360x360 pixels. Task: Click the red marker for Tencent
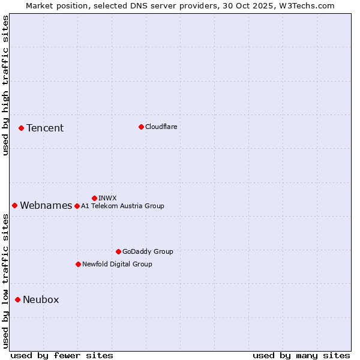[21, 128]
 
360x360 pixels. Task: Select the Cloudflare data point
[141, 127]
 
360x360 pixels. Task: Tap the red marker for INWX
[94, 198]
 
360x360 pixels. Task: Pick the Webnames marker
[14, 205]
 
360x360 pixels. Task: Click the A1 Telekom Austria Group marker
[77, 206]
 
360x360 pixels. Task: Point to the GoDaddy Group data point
[118, 251]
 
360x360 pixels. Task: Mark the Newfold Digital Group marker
[78, 264]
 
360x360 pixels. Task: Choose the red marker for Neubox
[17, 299]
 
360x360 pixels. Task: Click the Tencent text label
[45, 128]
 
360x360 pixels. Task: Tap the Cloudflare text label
[161, 127]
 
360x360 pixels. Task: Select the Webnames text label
[46, 206]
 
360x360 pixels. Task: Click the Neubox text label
[41, 300]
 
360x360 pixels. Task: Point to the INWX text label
[107, 198]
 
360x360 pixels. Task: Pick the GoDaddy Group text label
[148, 251]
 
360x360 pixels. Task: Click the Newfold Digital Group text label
[117, 264]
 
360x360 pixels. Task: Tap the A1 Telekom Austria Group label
[122, 206]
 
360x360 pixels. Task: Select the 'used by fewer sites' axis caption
[62, 355]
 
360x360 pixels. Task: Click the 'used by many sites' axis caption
[301, 355]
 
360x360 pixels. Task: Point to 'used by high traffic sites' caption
[5, 86]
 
